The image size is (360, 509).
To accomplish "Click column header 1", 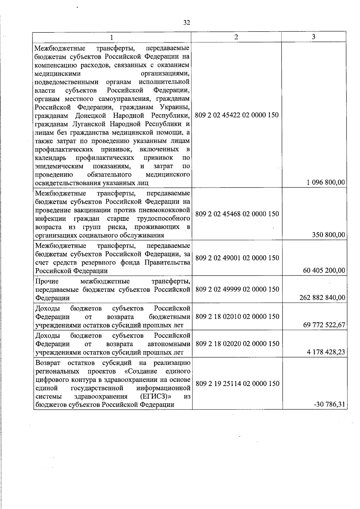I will [x=112, y=37].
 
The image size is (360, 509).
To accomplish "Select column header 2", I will [x=236, y=37].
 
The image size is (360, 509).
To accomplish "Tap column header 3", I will [x=313, y=37].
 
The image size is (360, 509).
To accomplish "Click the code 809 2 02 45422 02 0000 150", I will [x=237, y=115].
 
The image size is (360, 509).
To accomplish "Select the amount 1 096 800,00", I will [x=326, y=182].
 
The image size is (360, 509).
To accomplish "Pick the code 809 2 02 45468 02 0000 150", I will [x=237, y=214].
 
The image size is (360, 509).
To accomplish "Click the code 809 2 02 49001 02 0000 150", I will [x=237, y=258].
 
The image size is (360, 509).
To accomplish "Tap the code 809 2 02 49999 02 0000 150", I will [x=237, y=289].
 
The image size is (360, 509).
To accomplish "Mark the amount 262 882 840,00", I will [x=322, y=298].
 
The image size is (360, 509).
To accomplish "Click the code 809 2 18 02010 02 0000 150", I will [x=237, y=317].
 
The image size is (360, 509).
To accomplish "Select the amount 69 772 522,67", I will [x=324, y=325].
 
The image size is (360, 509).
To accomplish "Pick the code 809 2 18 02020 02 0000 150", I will [x=237, y=344].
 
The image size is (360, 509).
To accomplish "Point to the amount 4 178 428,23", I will [x=326, y=352].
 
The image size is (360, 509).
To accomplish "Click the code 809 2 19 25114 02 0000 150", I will [x=237, y=384].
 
